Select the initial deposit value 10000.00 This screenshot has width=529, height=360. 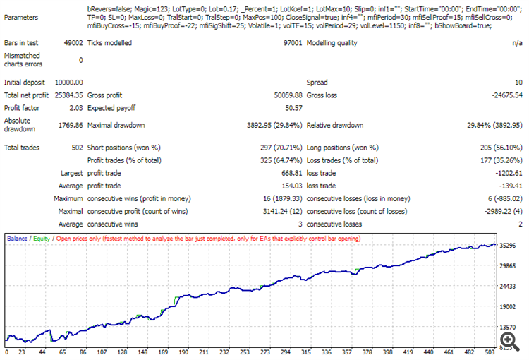click(x=68, y=83)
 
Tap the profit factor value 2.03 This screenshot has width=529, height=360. click(x=75, y=108)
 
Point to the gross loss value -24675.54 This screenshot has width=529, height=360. click(x=502, y=95)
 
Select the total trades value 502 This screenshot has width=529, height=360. click(x=76, y=148)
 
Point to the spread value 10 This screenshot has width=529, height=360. click(x=517, y=83)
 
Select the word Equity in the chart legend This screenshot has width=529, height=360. click(x=42, y=239)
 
